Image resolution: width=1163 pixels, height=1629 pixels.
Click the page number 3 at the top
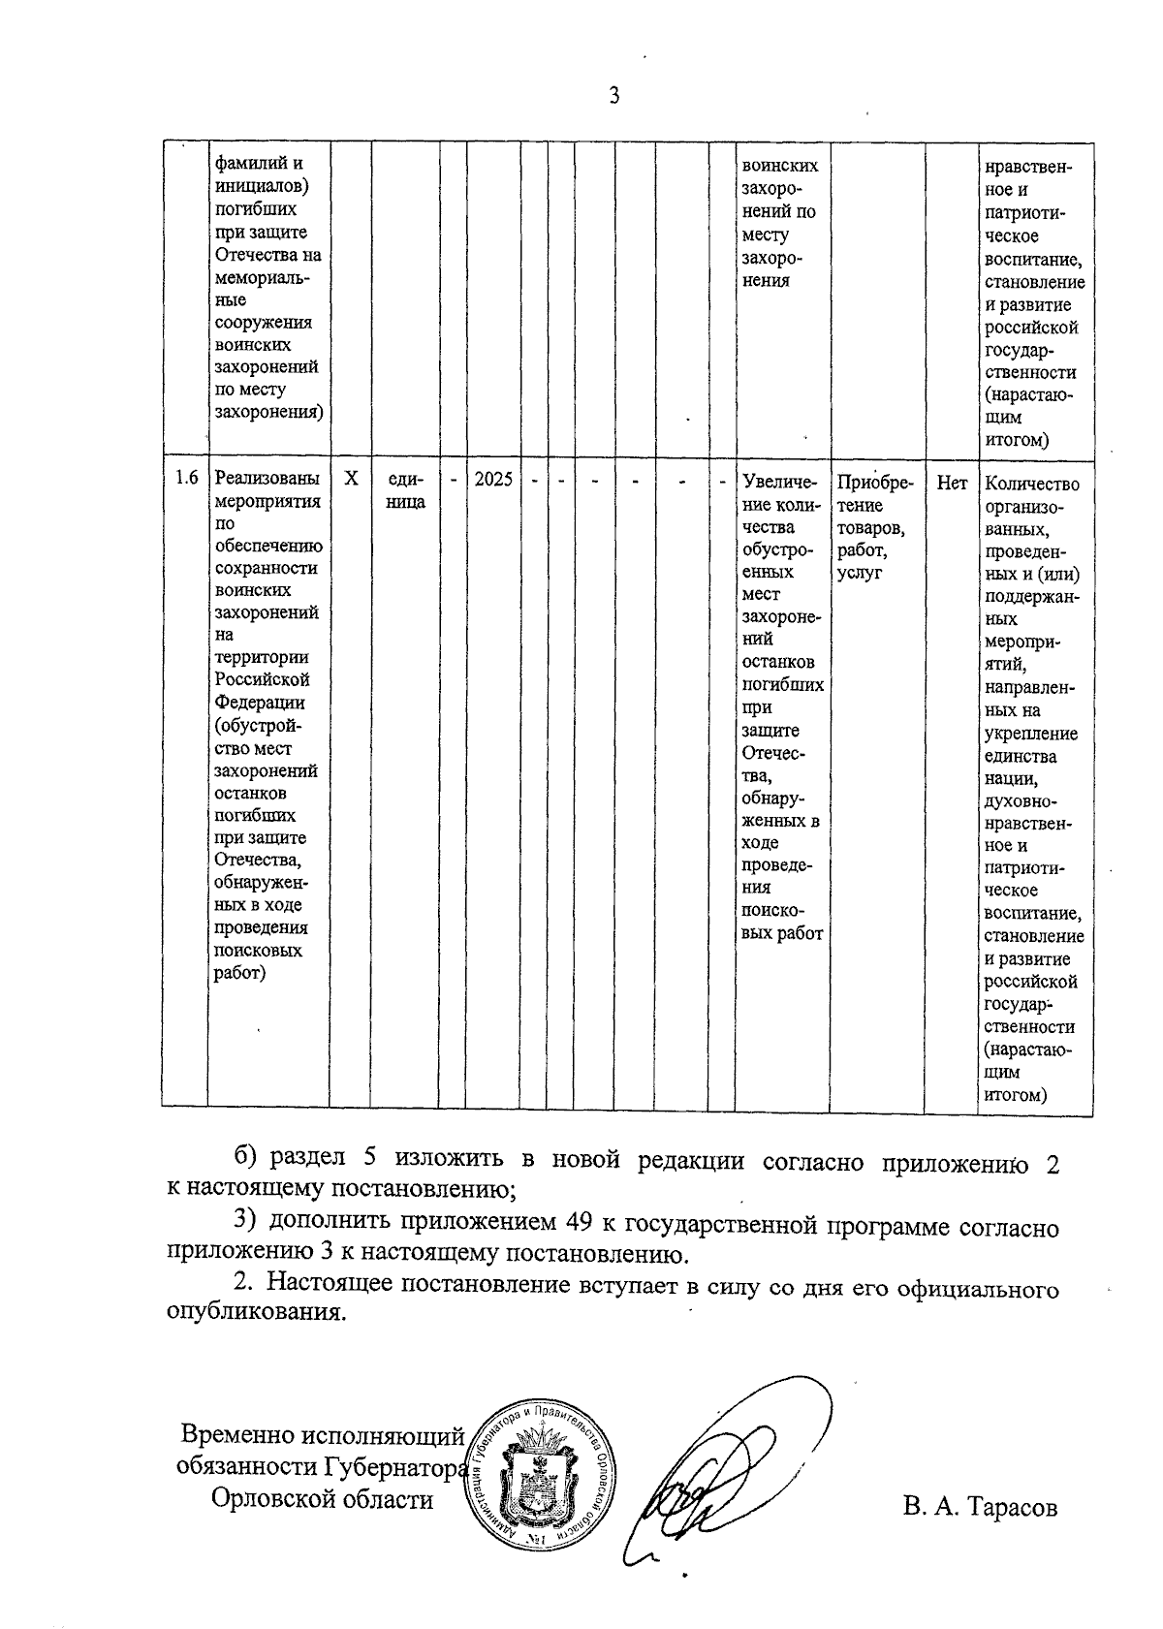click(613, 95)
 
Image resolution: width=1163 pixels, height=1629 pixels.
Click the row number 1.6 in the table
click(186, 479)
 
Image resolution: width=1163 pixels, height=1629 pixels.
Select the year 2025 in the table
click(493, 479)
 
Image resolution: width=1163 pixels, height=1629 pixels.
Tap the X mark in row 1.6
click(352, 479)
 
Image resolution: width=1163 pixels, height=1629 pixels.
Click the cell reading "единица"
click(405, 490)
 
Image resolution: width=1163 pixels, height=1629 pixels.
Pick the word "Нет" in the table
click(952, 483)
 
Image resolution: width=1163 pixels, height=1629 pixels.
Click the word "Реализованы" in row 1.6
click(267, 479)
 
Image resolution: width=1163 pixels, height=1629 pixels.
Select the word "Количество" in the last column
click(1032, 484)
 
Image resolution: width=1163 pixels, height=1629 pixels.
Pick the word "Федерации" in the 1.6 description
click(260, 703)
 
